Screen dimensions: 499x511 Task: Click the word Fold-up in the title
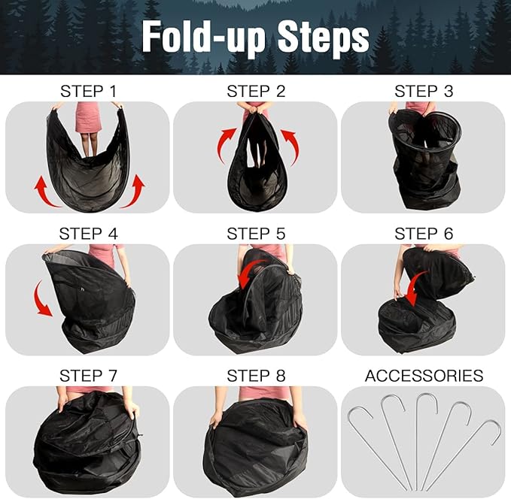[x=202, y=35]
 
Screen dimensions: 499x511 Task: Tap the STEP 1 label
[x=88, y=92]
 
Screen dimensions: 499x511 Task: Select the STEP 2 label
[x=256, y=92]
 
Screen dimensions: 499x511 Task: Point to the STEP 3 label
[x=424, y=92]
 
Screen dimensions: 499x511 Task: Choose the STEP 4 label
[x=88, y=234]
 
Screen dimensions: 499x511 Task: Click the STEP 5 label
[x=256, y=234]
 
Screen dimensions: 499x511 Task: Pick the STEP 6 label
[x=424, y=234]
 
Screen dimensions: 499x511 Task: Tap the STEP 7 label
[x=88, y=376]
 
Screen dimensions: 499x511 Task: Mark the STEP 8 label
[x=256, y=376]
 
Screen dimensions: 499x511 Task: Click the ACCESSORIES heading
[x=424, y=376]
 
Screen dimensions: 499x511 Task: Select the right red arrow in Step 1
[x=136, y=189]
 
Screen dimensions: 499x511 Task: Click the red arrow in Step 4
[x=43, y=298]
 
